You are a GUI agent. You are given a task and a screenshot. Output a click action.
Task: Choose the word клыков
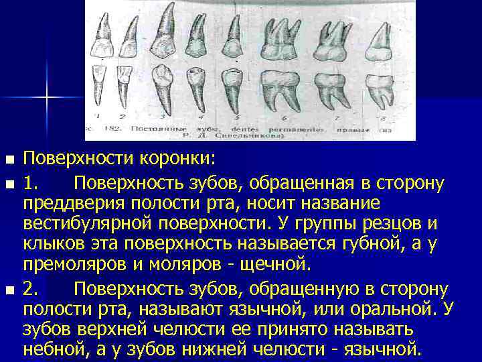point(58,243)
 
